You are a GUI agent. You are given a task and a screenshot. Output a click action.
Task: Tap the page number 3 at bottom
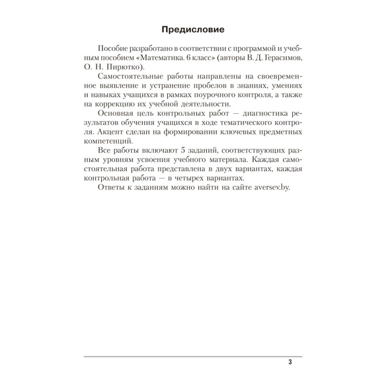[x=290, y=362]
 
